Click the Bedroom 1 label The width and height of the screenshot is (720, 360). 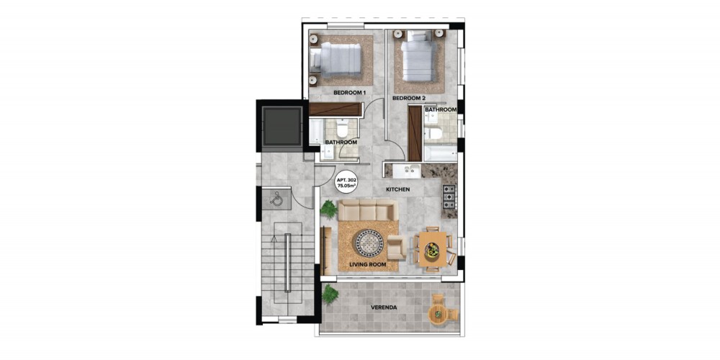pyautogui.click(x=349, y=93)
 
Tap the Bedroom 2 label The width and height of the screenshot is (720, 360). pyautogui.click(x=409, y=98)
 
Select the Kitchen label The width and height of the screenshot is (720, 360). pyautogui.click(x=397, y=189)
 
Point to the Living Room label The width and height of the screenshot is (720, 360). pyautogui.click(x=367, y=265)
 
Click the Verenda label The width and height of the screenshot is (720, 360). pyautogui.click(x=384, y=307)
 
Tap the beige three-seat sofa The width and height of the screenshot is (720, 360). pyautogui.click(x=368, y=211)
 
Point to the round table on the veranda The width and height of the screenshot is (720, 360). pyautogui.click(x=438, y=314)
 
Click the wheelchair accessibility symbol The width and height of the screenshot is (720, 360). pyautogui.click(x=276, y=199)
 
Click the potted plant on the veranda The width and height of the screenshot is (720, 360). pyautogui.click(x=330, y=294)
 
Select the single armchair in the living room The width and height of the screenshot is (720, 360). pyautogui.click(x=396, y=248)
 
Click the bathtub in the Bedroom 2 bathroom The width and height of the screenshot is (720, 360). pyautogui.click(x=440, y=153)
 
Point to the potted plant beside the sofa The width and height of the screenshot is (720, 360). pyautogui.click(x=329, y=209)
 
